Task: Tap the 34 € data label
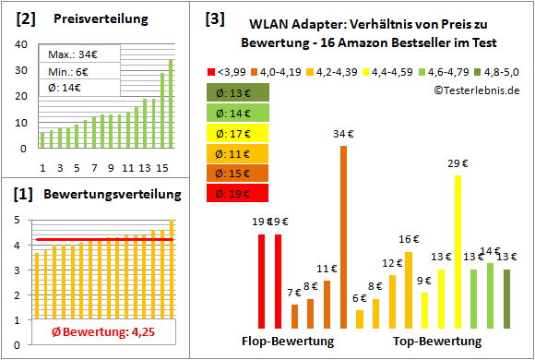point(344,135)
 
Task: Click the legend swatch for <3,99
point(211,70)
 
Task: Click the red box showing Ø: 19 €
point(238,193)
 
